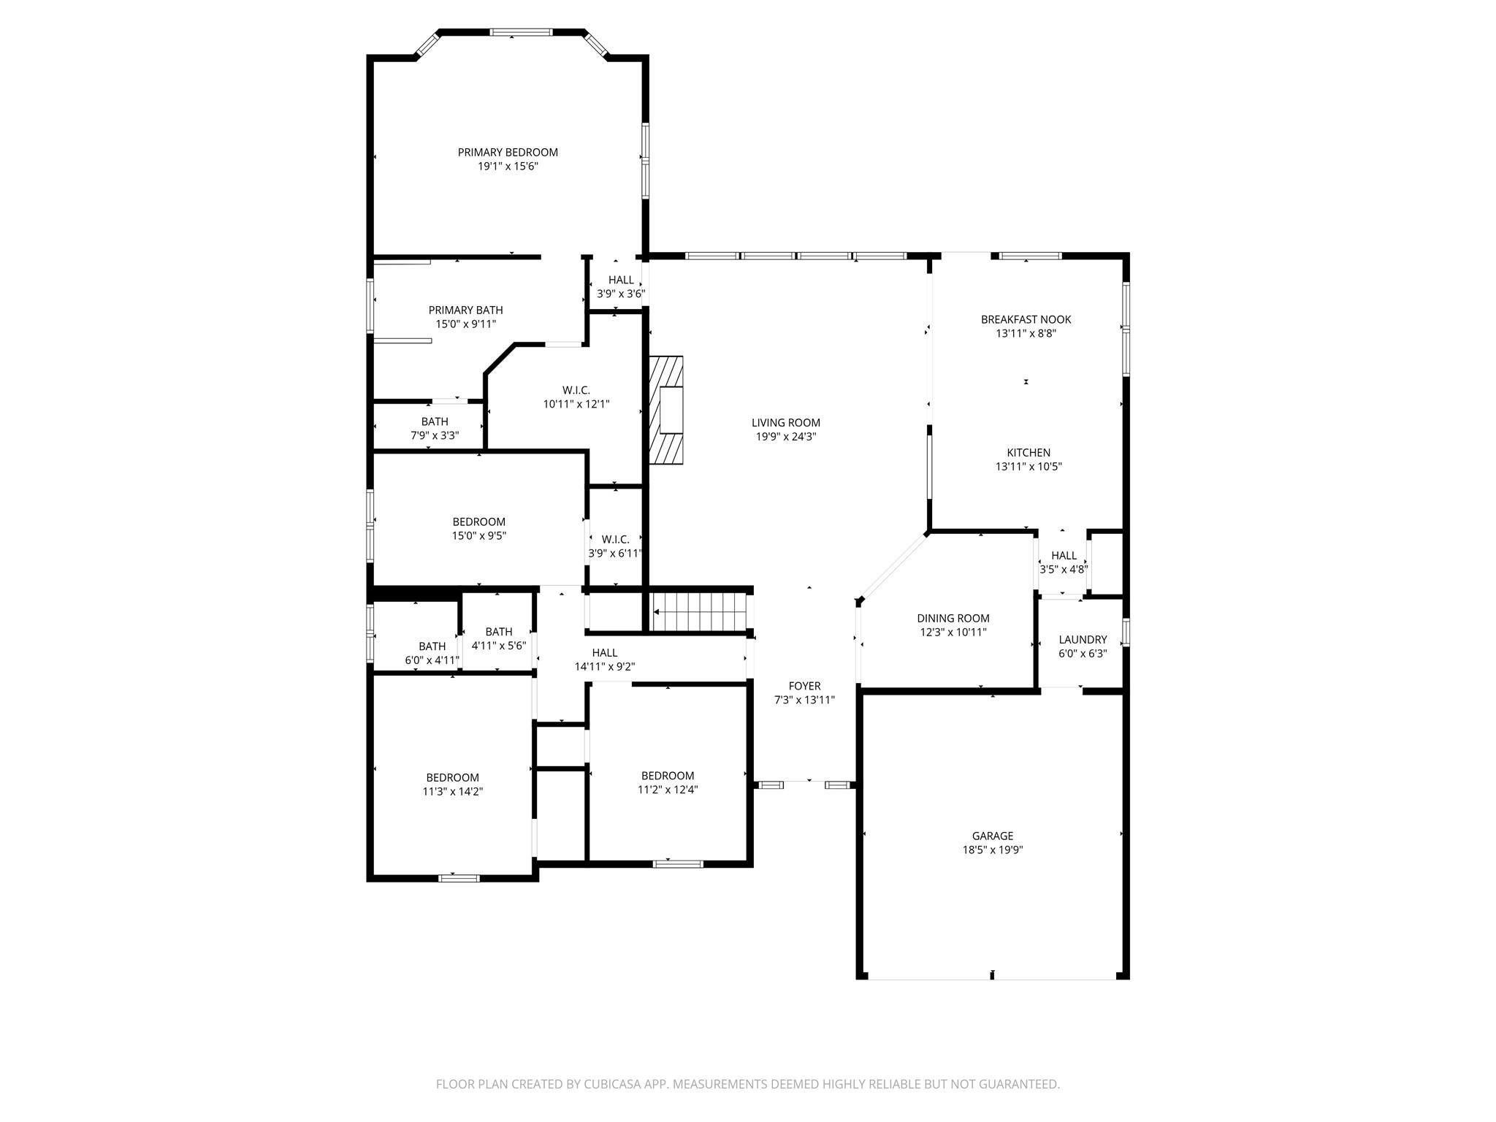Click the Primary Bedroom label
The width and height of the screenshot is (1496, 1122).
(508, 152)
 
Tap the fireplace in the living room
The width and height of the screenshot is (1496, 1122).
(666, 410)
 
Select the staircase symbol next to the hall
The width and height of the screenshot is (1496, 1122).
(700, 612)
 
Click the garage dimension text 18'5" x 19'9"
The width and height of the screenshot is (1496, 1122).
(992, 850)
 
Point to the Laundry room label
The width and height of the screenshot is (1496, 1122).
(1083, 640)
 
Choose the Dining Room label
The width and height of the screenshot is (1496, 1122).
(953, 618)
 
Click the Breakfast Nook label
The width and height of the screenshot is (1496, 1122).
(1026, 319)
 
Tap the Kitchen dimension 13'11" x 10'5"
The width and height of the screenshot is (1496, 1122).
(1028, 467)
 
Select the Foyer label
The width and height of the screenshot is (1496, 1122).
(804, 686)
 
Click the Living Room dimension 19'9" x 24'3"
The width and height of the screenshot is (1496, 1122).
(785, 437)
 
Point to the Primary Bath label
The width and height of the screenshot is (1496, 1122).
(465, 310)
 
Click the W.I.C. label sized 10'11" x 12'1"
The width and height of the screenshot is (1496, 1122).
(576, 390)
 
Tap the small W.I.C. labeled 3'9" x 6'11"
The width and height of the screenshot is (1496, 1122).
(615, 539)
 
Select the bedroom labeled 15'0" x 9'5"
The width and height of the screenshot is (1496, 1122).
(478, 522)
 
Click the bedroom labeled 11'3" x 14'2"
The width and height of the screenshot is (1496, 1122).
(452, 777)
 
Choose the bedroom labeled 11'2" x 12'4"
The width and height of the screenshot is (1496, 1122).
(667, 776)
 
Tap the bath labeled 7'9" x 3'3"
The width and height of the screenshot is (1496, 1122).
(435, 421)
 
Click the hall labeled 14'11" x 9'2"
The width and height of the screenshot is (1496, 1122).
(604, 652)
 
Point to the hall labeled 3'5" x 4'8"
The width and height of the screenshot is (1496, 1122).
(1064, 556)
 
